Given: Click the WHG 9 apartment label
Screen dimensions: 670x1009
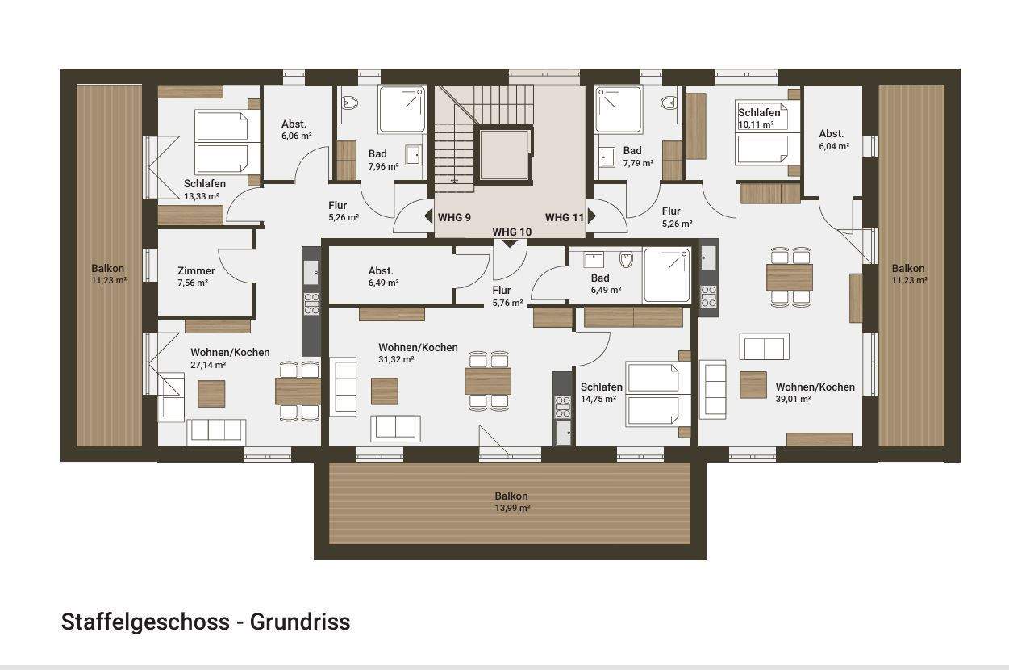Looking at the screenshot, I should pyautogui.click(x=454, y=217).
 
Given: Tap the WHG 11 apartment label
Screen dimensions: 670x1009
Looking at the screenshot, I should pyautogui.click(x=564, y=217).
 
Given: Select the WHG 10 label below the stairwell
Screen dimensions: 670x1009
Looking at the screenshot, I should pyautogui.click(x=512, y=232).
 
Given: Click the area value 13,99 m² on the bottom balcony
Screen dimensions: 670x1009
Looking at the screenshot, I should pyautogui.click(x=511, y=509).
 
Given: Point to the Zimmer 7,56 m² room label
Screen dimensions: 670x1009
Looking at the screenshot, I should pyautogui.click(x=196, y=277).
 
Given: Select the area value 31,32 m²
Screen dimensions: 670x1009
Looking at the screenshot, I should pyautogui.click(x=396, y=360).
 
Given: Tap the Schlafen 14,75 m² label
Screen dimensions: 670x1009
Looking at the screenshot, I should pyautogui.click(x=601, y=392).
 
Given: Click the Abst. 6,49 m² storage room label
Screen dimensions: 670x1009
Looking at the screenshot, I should pyautogui.click(x=382, y=277).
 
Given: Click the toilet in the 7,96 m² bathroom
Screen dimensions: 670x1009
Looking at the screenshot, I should pyautogui.click(x=349, y=103).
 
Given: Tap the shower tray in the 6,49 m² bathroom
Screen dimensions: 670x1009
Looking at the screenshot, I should pyautogui.click(x=666, y=274).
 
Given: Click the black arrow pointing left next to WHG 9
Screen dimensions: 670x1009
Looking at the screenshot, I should pyautogui.click(x=428, y=216).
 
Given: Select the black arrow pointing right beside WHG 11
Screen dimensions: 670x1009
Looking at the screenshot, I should pyautogui.click(x=591, y=216).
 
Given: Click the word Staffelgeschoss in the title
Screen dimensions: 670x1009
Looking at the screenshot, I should pyautogui.click(x=149, y=622).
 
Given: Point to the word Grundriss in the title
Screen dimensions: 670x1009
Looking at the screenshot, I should pyautogui.click(x=300, y=622).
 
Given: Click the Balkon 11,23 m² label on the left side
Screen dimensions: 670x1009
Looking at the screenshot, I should pyautogui.click(x=108, y=274).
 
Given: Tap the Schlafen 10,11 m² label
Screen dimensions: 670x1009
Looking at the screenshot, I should pyautogui.click(x=758, y=119).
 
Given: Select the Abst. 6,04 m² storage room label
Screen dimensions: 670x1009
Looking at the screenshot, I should pyautogui.click(x=833, y=140).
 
